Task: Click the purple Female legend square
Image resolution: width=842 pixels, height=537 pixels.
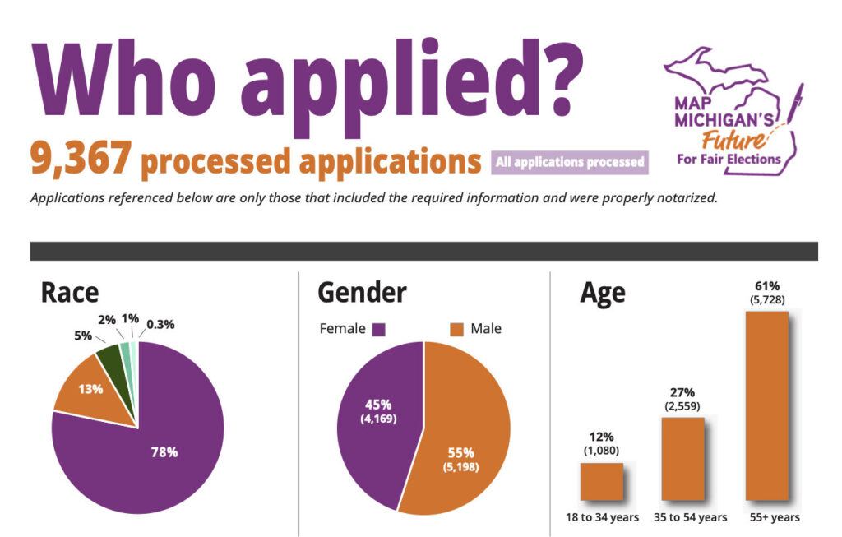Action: [378, 329]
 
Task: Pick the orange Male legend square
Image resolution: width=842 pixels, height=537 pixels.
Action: [457, 329]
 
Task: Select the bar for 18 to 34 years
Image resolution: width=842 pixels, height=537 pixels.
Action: [601, 482]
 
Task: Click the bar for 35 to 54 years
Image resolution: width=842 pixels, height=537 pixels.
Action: [683, 459]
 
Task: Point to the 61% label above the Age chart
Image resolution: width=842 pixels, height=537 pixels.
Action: [766, 286]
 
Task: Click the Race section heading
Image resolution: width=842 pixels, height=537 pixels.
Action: [69, 292]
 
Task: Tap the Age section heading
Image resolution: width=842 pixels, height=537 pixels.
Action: [602, 292]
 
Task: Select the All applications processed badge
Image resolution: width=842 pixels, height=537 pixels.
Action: [570, 162]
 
